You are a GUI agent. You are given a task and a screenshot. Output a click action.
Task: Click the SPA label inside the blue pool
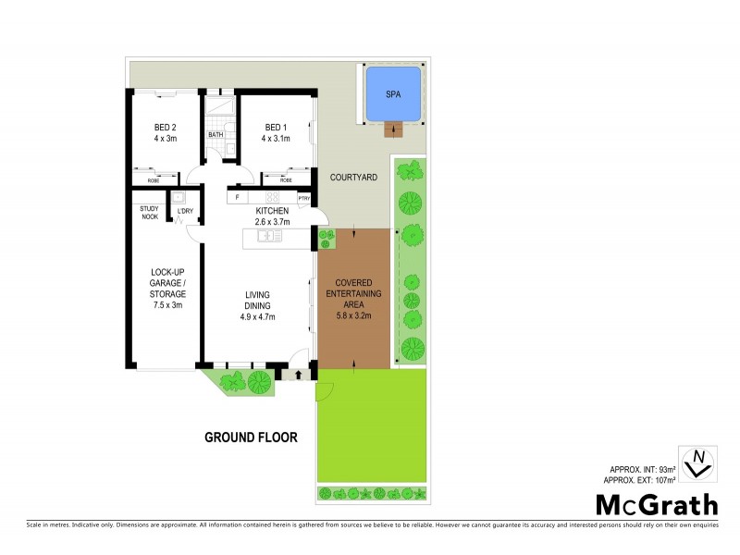coord(392,94)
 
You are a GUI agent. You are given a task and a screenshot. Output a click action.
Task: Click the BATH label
coord(216,135)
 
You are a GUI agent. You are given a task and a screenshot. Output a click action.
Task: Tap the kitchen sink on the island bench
coord(270,237)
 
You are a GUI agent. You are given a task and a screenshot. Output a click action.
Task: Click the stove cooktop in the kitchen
coord(272,197)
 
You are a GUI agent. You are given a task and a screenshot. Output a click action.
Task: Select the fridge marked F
coord(238,197)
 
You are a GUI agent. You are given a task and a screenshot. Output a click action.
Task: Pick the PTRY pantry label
coord(303,198)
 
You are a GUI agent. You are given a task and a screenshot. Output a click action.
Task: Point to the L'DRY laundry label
coord(185,212)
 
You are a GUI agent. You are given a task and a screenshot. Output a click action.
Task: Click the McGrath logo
coord(655,504)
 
